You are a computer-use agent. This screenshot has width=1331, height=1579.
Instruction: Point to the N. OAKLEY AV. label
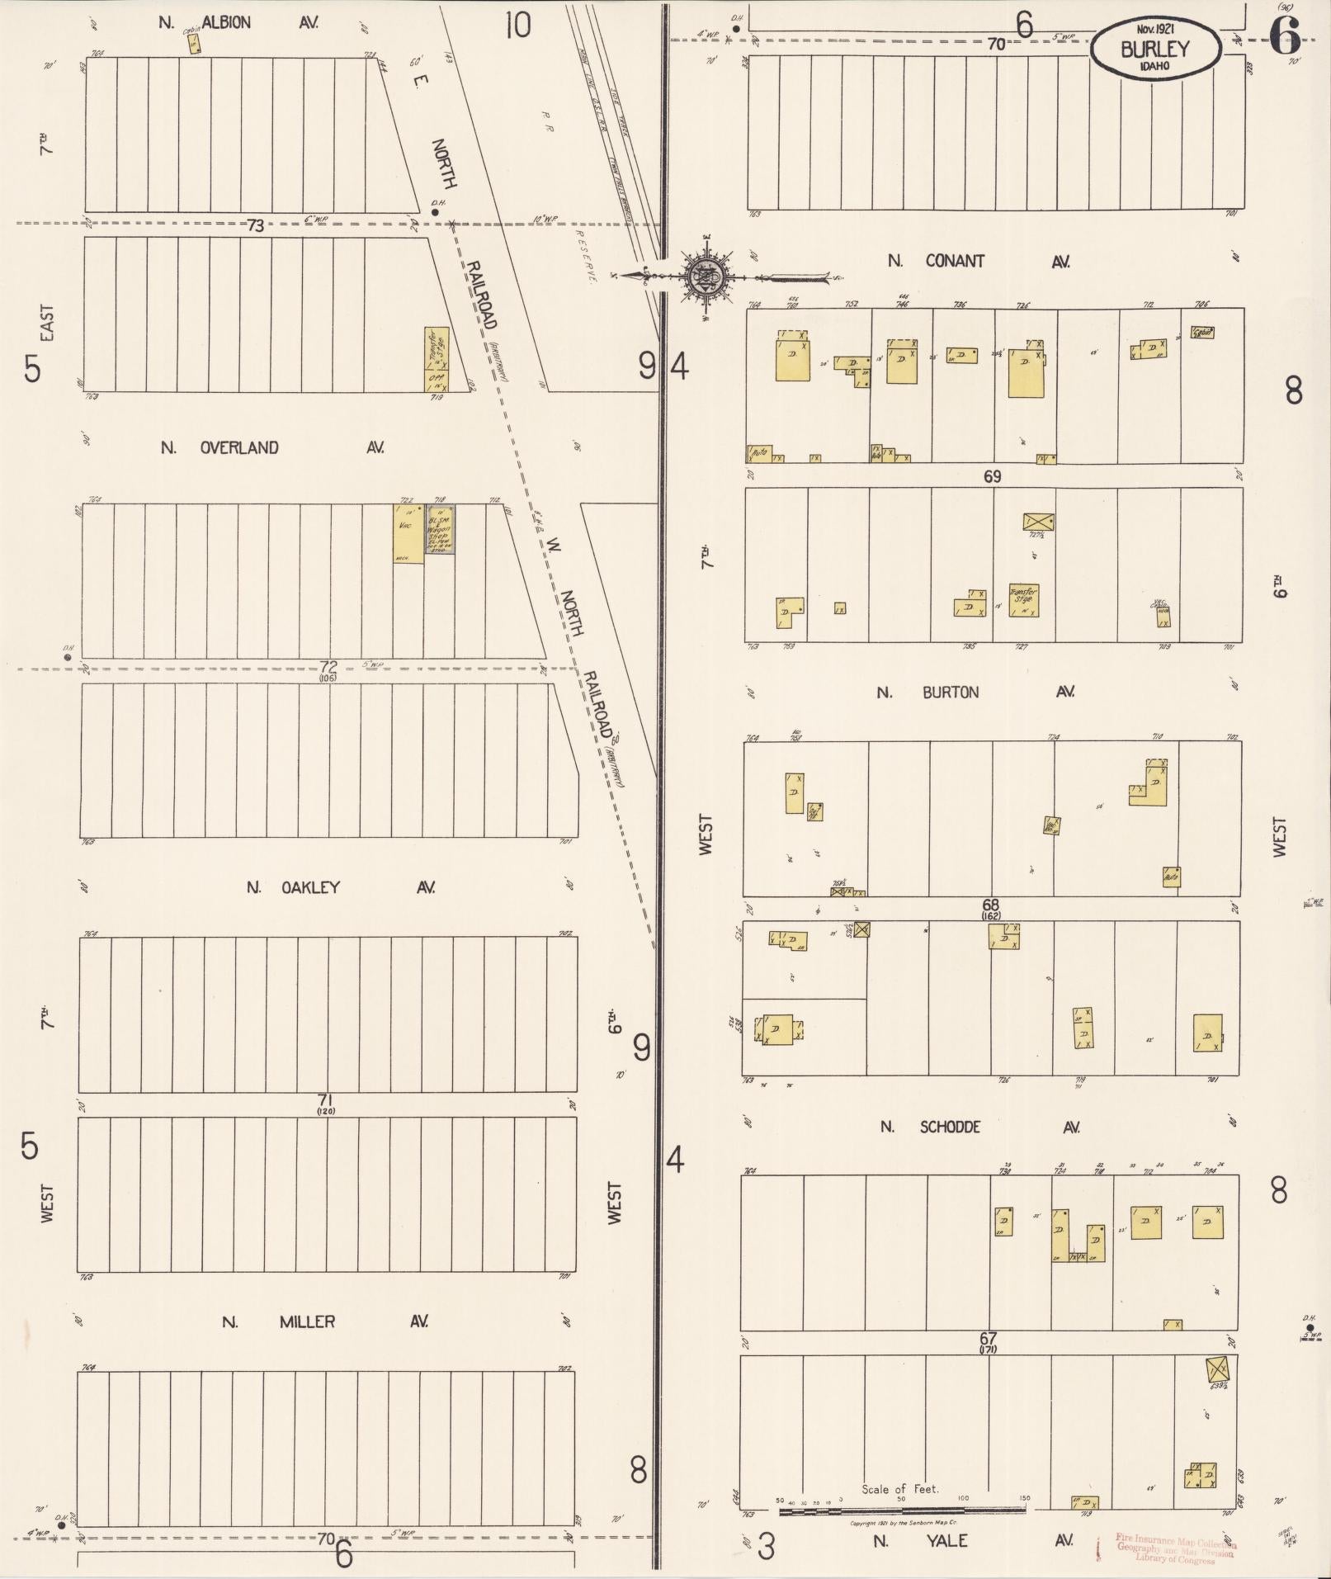coord(340,887)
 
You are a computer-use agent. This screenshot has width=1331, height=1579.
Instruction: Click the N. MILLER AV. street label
coord(323,1321)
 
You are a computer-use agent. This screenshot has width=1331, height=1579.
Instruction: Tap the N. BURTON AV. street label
coord(975,692)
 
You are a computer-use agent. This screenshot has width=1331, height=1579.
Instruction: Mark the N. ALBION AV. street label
coord(238,22)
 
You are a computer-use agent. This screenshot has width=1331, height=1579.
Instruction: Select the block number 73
coord(256,225)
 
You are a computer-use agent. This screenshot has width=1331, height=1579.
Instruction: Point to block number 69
coord(992,476)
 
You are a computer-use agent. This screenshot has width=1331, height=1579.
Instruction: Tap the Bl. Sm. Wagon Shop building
coord(439,528)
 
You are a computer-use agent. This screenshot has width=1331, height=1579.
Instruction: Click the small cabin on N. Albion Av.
coord(194,43)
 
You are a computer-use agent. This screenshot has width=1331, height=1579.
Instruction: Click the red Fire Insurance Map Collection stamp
coord(1175,1548)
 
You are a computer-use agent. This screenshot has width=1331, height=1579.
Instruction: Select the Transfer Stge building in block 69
coord(1023,599)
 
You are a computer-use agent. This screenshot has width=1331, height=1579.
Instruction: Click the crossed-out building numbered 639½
coord(1218,1370)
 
